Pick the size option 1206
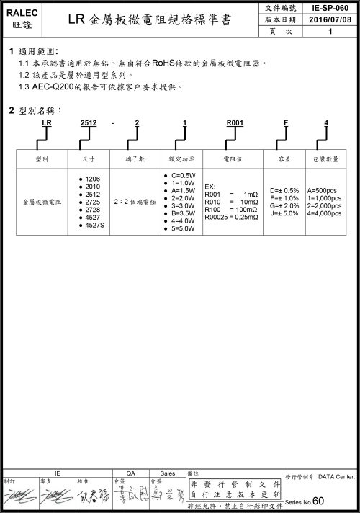point(92,178)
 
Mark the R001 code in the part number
point(234,124)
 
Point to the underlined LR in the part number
point(46,124)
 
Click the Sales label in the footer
point(168,473)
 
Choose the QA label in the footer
point(130,473)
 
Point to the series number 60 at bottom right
point(319,501)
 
